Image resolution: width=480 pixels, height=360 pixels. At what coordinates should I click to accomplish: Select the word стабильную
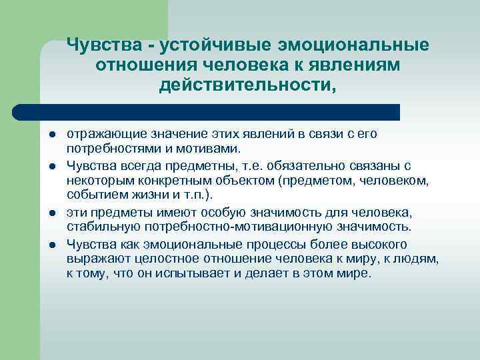104,225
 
